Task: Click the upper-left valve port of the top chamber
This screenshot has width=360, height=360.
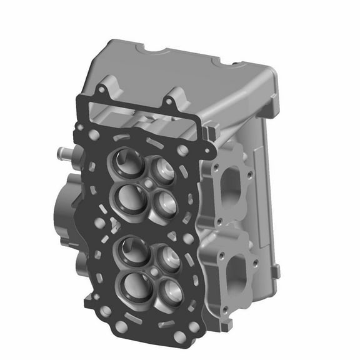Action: point(125,161)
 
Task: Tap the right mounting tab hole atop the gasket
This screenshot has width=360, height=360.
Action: point(169,102)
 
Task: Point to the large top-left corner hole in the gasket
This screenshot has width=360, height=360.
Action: point(94,134)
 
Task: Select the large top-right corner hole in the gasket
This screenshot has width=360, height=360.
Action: point(182,151)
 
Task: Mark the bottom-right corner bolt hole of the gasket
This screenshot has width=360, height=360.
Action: point(181,337)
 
